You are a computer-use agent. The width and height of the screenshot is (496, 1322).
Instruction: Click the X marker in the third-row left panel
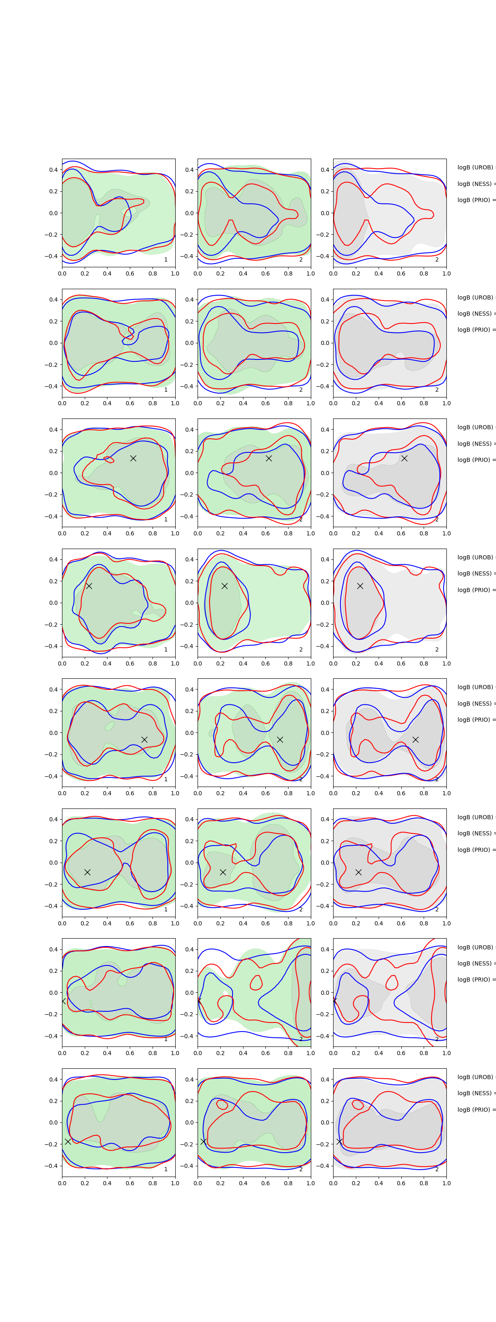(x=133, y=458)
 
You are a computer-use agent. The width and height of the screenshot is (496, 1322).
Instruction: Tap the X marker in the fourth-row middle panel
(x=224, y=586)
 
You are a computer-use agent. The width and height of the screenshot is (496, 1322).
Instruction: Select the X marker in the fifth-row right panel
(x=415, y=739)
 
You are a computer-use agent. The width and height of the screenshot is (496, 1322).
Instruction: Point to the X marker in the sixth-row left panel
(x=87, y=872)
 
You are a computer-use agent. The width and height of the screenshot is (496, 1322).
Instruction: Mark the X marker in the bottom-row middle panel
(x=203, y=1141)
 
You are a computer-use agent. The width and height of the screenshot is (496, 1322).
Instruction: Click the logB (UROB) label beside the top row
(x=475, y=167)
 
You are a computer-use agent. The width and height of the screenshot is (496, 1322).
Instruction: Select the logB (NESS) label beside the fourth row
(x=475, y=573)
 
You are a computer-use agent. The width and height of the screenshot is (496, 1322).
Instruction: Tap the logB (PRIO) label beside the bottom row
(x=475, y=1110)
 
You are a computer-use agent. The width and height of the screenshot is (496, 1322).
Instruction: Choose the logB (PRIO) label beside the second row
(x=475, y=330)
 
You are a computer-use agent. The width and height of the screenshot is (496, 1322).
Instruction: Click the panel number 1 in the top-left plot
(x=166, y=260)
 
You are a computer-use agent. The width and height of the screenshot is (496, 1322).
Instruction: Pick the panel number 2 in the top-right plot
(x=437, y=260)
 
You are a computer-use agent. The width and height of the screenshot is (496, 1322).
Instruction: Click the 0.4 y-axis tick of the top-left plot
(x=53, y=170)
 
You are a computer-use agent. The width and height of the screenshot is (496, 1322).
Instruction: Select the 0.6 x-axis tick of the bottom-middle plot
(x=265, y=1183)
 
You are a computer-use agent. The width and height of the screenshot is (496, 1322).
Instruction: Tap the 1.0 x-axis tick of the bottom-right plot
(x=446, y=1183)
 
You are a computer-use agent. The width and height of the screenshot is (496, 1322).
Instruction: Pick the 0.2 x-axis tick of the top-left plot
(x=85, y=273)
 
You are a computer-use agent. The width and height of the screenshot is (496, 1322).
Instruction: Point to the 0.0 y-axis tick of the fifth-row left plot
(x=54, y=733)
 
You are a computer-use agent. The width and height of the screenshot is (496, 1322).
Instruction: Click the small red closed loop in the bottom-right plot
(x=358, y=1104)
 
